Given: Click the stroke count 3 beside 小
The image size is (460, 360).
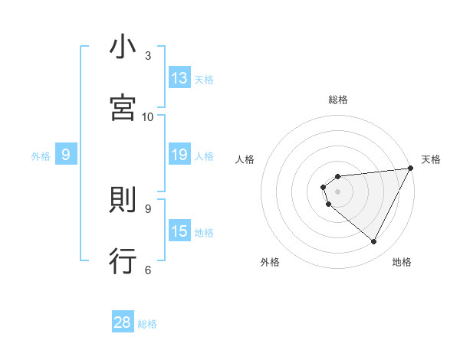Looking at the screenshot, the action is [148, 56].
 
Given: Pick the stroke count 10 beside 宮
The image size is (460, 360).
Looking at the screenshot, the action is [148, 116].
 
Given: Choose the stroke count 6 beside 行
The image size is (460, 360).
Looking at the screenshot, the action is [148, 269].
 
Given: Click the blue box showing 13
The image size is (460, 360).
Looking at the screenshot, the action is [179, 78].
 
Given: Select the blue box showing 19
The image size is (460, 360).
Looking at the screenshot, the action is [179, 155].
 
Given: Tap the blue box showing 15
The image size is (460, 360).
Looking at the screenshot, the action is [179, 231].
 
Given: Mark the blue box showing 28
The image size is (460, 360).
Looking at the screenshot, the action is [123, 322].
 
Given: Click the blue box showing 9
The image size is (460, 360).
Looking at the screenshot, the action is [66, 155].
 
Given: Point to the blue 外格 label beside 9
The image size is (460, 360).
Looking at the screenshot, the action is [41, 156].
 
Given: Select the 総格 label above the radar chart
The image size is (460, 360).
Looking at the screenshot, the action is [338, 100].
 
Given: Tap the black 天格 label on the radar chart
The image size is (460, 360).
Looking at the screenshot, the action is [431, 159].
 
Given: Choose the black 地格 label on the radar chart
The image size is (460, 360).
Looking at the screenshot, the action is [402, 262].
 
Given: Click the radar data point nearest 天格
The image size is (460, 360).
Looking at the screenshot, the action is [410, 169].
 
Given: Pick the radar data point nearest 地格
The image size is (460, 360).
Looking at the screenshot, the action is [374, 242].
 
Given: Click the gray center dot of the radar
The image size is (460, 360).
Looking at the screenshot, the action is [338, 191].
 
